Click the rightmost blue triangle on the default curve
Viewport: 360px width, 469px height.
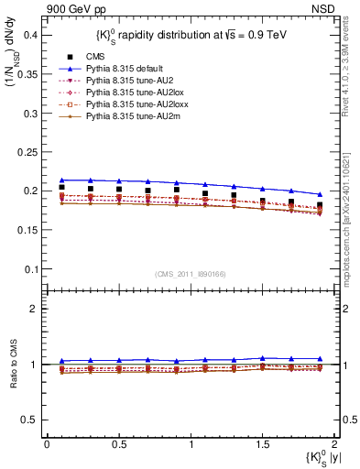[x=320, y=194]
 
